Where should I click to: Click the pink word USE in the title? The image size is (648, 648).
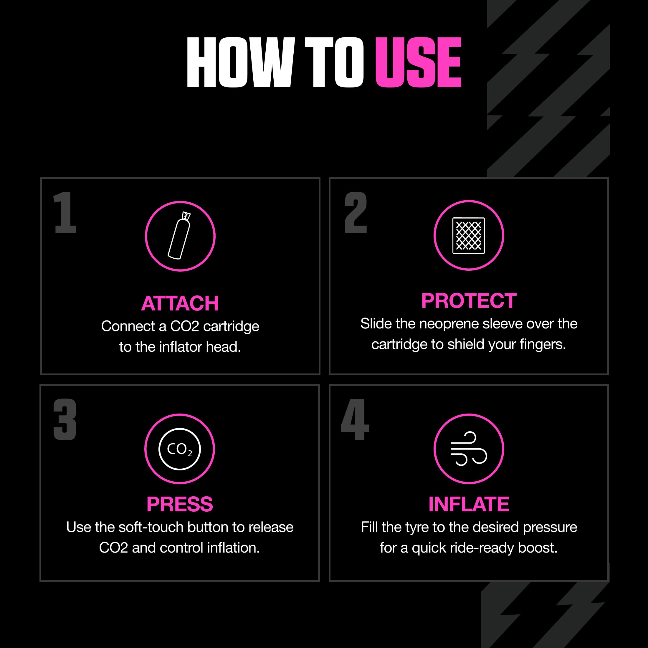tap(418, 62)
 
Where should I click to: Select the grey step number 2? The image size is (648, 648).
tap(356, 213)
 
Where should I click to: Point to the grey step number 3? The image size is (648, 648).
tap(65, 420)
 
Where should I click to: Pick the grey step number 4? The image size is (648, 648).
tap(355, 420)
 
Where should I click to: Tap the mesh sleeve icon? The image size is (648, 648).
tap(469, 235)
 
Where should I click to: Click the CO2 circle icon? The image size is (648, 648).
tap(180, 449)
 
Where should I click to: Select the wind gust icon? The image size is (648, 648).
tap(469, 449)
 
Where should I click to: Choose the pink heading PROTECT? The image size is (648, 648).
tap(469, 300)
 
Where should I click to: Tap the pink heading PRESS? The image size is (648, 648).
tap(180, 504)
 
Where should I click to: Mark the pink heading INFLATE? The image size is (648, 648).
tap(469, 504)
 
